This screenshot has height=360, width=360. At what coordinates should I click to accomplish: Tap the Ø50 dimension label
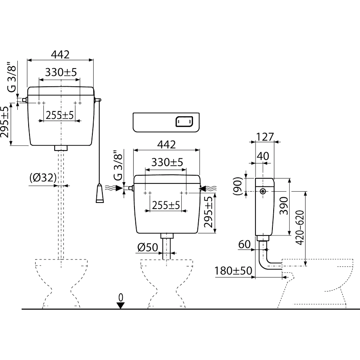(148, 247)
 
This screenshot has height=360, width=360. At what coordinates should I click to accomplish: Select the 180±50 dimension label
(232, 272)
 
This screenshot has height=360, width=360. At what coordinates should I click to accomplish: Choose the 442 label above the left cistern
(60, 55)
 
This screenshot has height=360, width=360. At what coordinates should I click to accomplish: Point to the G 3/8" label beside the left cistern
(13, 77)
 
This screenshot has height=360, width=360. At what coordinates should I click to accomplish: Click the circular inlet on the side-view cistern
(263, 190)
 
